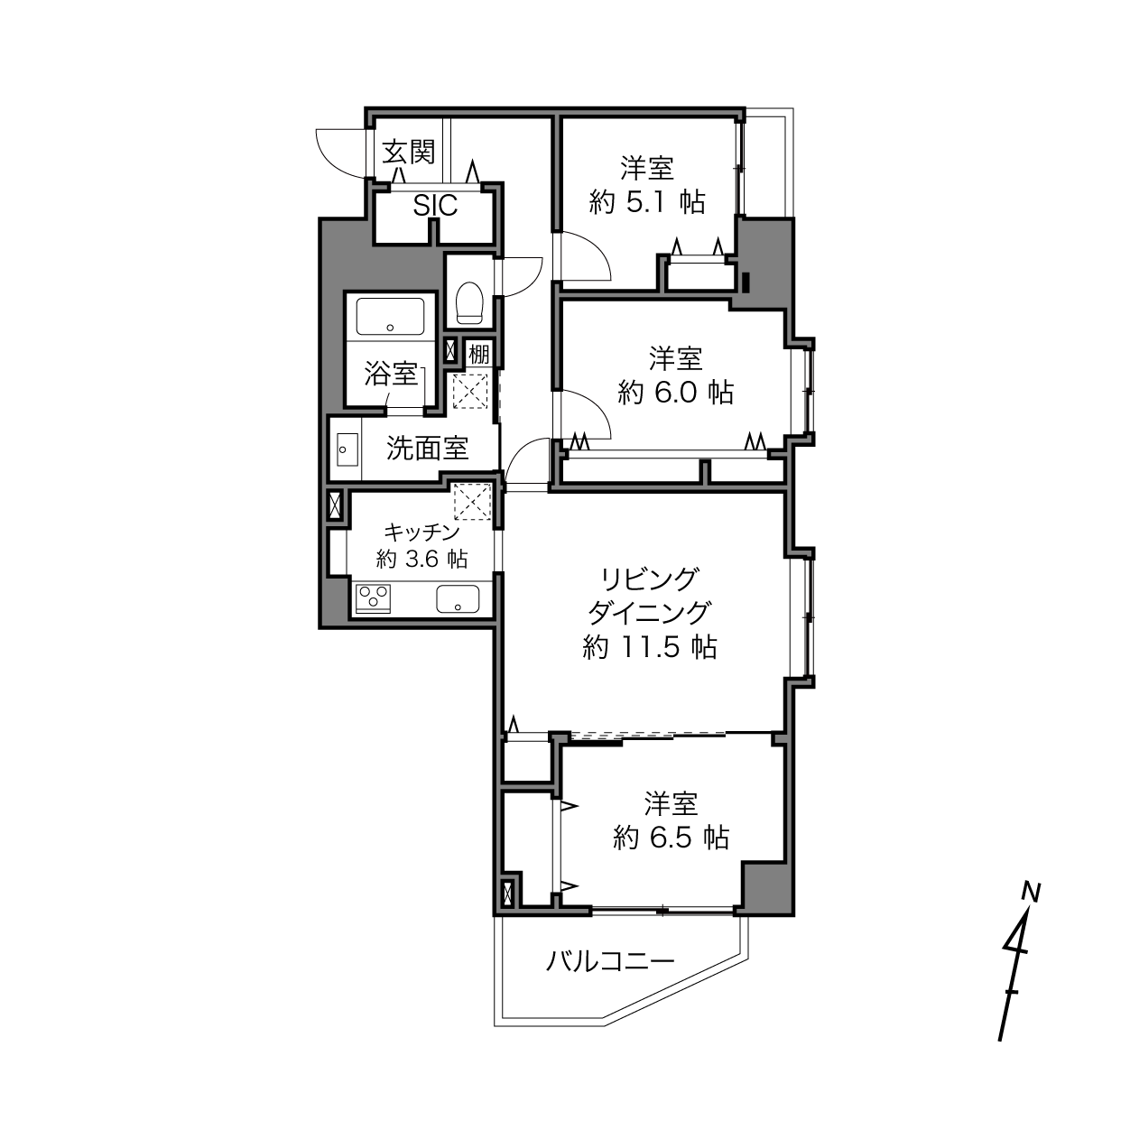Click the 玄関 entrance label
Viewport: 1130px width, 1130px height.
(x=409, y=153)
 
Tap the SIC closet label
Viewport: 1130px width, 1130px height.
(x=435, y=205)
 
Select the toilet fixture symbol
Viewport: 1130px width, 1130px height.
(x=468, y=302)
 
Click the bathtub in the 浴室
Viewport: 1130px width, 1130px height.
(x=390, y=316)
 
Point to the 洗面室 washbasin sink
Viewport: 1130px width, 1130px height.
(x=348, y=449)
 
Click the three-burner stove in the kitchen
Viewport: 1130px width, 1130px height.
(x=373, y=598)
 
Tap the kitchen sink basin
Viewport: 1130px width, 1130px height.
(x=458, y=598)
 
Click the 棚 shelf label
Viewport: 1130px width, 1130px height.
(x=478, y=354)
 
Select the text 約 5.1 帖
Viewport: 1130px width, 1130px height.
(x=647, y=203)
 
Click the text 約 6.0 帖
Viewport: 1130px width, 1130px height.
(x=675, y=393)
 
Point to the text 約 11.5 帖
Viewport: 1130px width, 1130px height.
(x=650, y=647)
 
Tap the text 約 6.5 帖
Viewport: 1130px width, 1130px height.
(x=672, y=838)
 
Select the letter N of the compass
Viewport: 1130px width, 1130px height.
(x=1031, y=894)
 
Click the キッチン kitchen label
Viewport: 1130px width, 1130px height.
(x=421, y=533)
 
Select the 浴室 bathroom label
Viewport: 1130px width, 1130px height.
(x=391, y=375)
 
